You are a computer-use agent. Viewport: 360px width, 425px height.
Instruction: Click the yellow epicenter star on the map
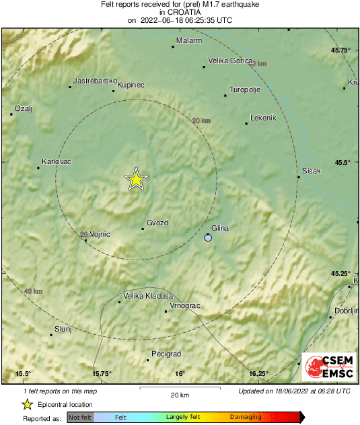(x=136, y=180)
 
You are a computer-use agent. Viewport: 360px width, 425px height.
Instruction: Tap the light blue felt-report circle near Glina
(x=209, y=238)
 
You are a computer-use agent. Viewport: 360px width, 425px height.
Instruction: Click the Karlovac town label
(x=57, y=162)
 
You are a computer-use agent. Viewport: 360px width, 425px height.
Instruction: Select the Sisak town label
(x=312, y=171)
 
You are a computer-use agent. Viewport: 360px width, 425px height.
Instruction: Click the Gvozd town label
(x=157, y=223)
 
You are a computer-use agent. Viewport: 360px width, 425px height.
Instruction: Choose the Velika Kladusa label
(x=148, y=296)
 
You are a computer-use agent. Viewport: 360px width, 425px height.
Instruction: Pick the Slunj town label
(x=62, y=328)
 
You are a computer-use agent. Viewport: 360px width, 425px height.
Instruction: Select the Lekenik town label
(x=263, y=118)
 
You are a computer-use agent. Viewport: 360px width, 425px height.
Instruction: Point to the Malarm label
(x=189, y=41)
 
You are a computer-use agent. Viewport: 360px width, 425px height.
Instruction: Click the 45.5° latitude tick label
(x=341, y=162)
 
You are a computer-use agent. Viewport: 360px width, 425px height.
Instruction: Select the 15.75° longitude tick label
(x=102, y=374)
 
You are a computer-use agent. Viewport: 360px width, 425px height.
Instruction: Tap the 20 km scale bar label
(x=179, y=395)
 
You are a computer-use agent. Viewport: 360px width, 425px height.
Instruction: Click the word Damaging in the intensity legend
(x=246, y=417)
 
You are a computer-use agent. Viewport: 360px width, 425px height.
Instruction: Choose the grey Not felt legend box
(x=80, y=418)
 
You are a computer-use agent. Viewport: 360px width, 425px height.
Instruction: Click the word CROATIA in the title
(x=180, y=12)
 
